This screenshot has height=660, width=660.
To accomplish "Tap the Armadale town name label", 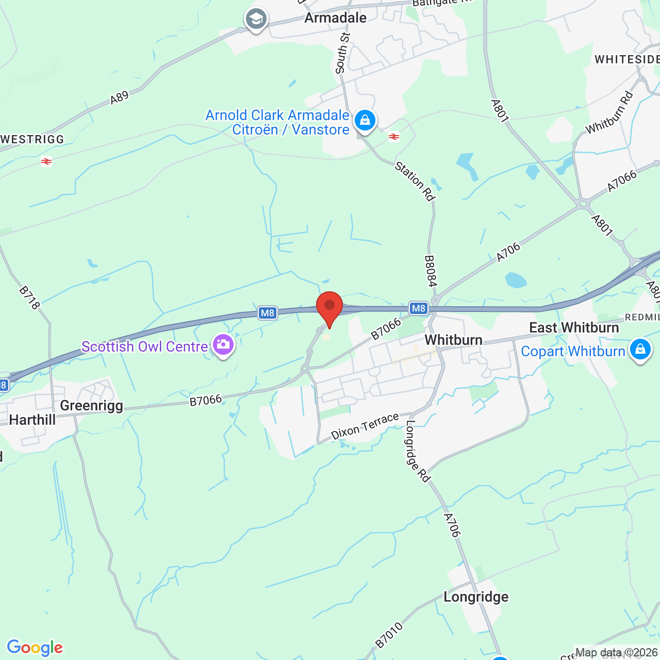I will pos(335,18).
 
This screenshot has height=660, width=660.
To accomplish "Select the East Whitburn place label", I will pos(574,328).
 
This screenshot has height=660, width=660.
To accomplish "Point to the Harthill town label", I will pos(32,420).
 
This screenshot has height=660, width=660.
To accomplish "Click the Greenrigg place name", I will pos(92,406).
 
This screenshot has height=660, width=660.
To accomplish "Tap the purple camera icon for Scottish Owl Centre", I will pos(223,344).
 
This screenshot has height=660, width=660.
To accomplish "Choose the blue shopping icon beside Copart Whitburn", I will pos(640,349).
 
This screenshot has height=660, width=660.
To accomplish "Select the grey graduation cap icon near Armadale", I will pos(256,20).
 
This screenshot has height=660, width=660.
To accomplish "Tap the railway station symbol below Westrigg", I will pos(46,161).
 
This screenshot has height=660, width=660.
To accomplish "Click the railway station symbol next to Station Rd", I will pos(394,137).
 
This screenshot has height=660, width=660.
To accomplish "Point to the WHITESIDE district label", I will pos(626,60).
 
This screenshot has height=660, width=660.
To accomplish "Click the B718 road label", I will pos(29,298).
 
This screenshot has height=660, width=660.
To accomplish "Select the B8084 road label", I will pos(431,271).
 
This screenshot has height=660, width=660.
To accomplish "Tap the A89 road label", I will pos(119,97).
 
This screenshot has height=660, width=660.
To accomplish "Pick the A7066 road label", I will pos(622,181).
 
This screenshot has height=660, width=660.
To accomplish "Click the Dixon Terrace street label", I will pos(365,426).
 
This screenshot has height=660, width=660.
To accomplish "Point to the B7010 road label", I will pos(389,635).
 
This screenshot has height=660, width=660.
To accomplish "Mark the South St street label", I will pos(342,53).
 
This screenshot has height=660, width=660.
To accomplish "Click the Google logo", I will pos(35,648).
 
